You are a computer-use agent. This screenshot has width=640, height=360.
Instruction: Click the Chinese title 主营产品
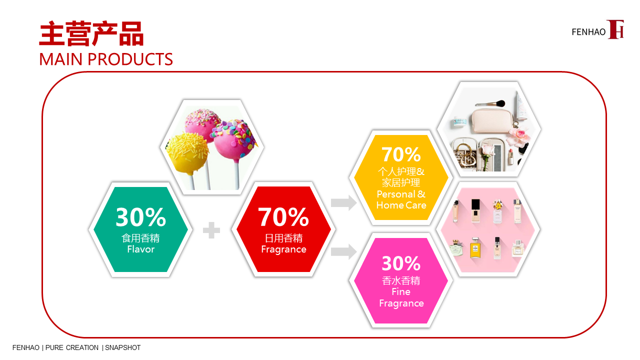point(91,33)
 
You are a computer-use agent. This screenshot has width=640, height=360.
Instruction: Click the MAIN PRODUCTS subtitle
point(106,59)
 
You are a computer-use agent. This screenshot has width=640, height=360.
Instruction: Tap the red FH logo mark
point(615,29)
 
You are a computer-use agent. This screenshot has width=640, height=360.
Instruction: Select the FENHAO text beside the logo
point(588,32)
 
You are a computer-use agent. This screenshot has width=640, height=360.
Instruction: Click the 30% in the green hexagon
point(140,217)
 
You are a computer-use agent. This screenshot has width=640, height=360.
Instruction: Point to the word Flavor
point(141,249)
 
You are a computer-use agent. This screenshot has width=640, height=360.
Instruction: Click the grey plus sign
point(211,230)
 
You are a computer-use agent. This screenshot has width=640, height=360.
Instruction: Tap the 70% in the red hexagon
point(283,217)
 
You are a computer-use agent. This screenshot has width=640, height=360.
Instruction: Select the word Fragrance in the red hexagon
point(283,249)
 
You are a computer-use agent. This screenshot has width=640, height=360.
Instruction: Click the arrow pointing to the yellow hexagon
point(343,203)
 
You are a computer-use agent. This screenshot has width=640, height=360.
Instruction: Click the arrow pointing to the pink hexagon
point(343,251)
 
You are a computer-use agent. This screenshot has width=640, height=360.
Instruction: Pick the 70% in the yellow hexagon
point(401,154)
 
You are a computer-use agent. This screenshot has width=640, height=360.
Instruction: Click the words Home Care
point(401,205)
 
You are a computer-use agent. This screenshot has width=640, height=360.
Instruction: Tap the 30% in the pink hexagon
point(401,263)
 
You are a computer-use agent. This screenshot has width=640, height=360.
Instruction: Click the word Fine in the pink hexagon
point(401,291)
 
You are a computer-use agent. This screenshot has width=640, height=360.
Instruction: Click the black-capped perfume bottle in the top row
point(475,210)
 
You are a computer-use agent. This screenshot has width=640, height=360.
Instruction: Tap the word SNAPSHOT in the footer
point(123,347)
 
